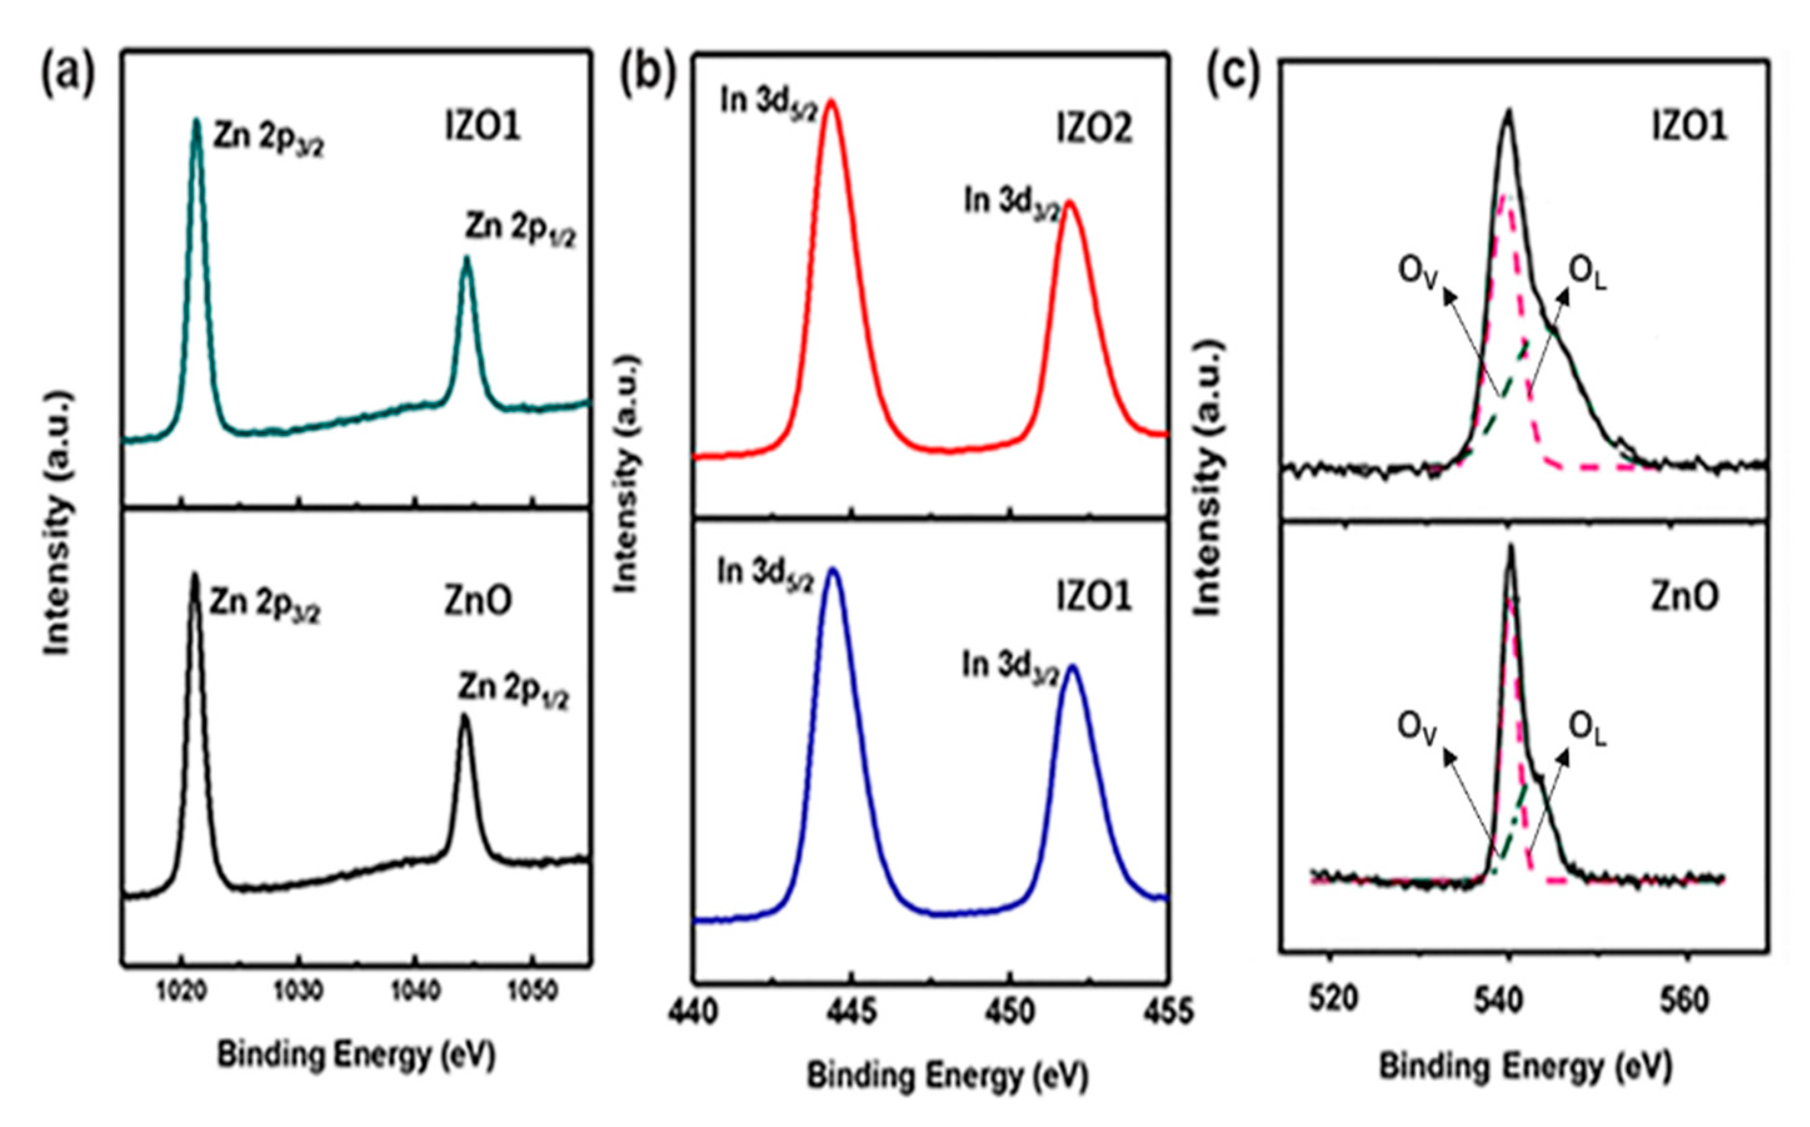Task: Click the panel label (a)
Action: coord(68,75)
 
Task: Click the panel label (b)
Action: coord(648,75)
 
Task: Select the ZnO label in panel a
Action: coord(478,602)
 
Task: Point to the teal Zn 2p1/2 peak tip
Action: coord(466,259)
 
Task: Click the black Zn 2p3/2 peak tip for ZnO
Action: coord(194,575)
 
